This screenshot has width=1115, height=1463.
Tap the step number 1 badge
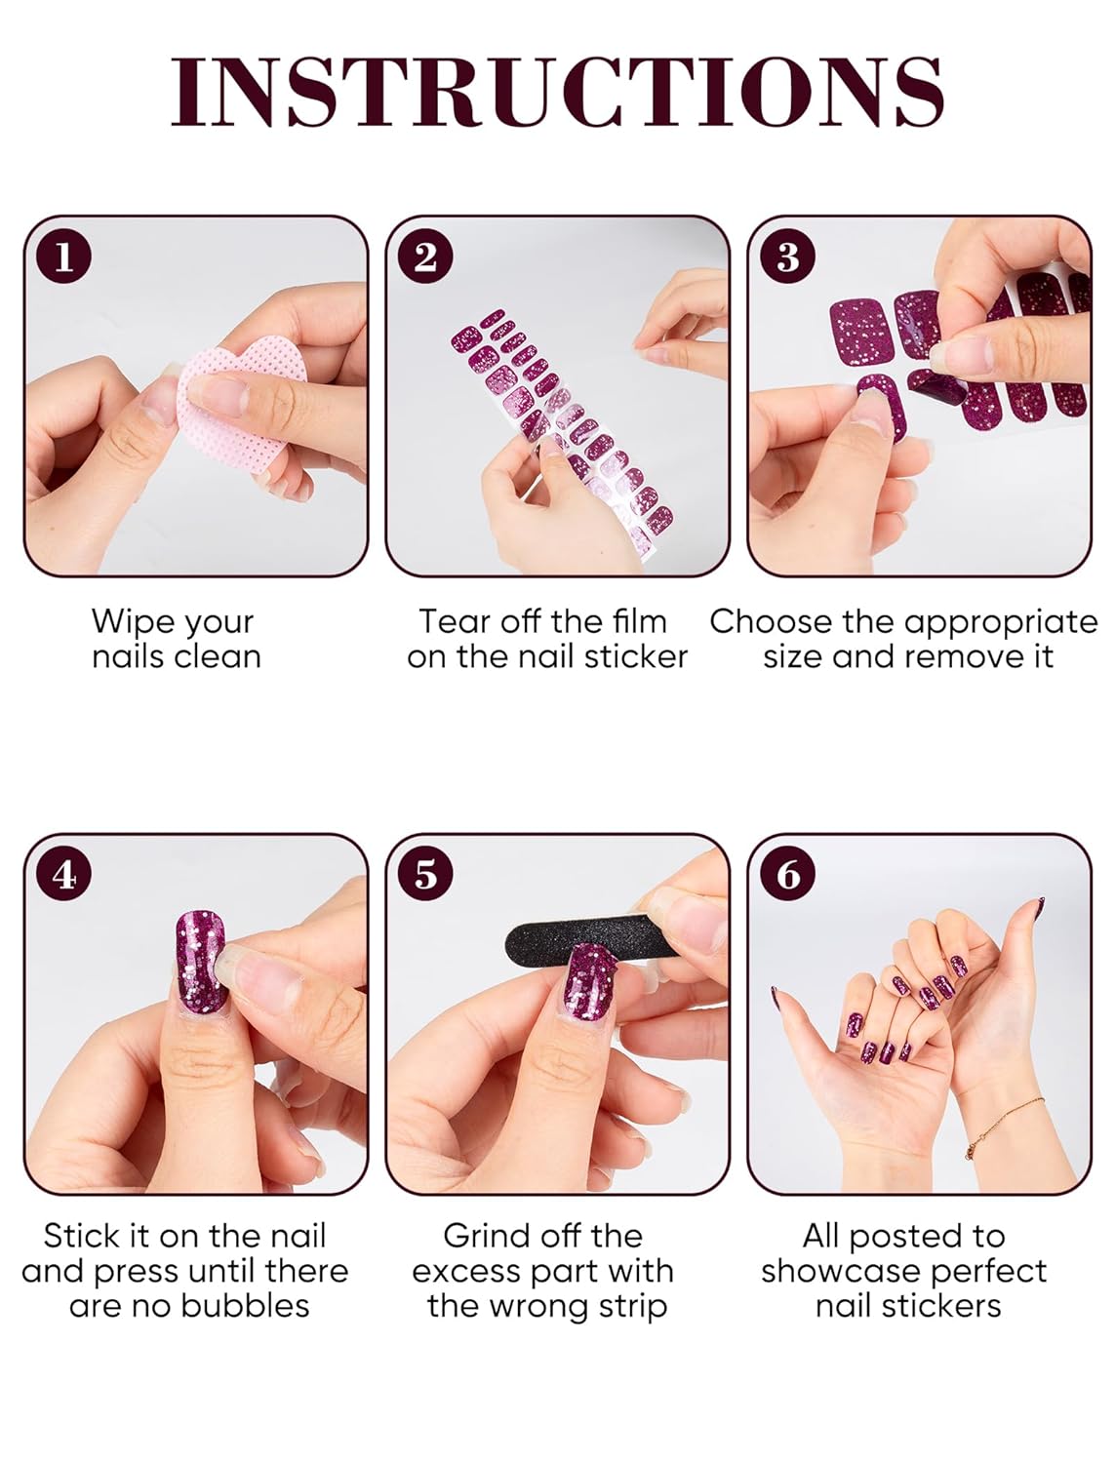[x=64, y=257]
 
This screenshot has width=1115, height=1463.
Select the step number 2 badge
[x=426, y=257]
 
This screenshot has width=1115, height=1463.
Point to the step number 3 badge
[x=787, y=257]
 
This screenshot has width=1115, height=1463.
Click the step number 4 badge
[x=64, y=874]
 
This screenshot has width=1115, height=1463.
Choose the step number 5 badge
[x=426, y=874]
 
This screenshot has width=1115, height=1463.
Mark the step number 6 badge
[x=787, y=874]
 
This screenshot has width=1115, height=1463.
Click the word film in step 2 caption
[x=640, y=621]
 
